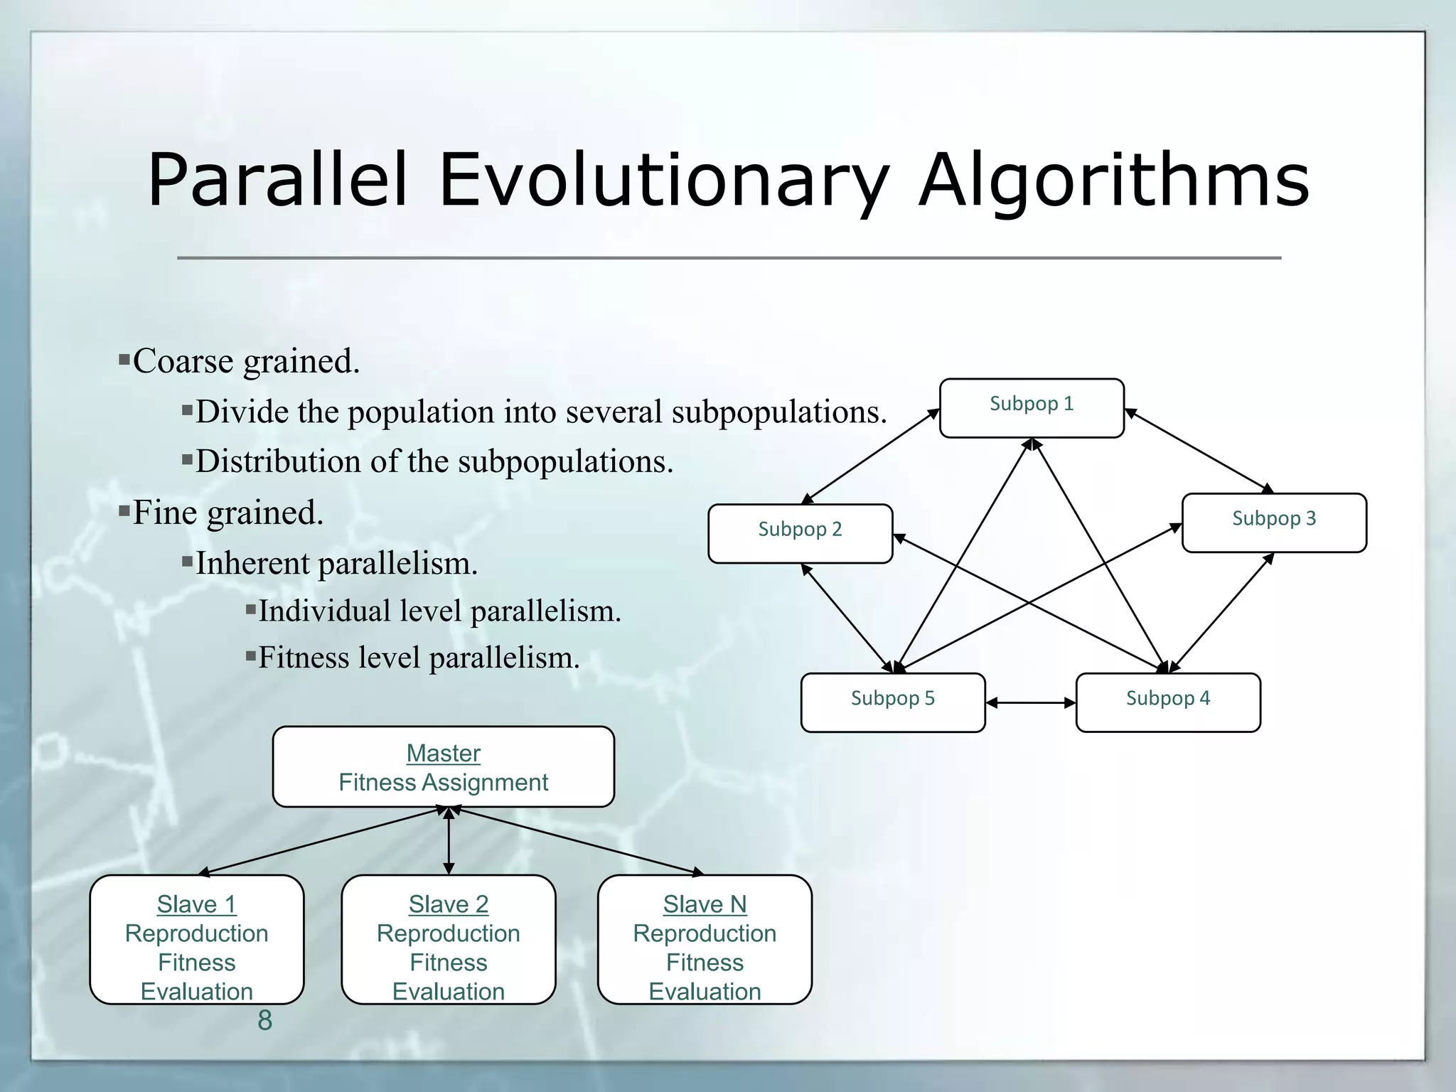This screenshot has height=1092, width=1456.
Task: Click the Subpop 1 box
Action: pos(1031,408)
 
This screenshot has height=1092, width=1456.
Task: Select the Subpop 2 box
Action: pos(800,533)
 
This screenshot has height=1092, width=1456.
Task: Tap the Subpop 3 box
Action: pos(1273,523)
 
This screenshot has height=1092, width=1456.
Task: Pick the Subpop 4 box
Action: pos(1167,702)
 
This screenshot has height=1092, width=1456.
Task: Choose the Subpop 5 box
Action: pos(892,702)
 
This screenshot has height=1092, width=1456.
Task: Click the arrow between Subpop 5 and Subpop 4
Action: pos(1030,703)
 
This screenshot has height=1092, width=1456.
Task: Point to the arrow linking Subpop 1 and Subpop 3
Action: pos(1199,451)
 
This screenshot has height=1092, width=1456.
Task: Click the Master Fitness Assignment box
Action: pos(443,767)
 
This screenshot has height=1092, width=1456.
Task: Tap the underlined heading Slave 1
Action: pos(196,904)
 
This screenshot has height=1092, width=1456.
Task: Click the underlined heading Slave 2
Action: pos(448,904)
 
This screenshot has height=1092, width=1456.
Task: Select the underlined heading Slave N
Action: pos(705,904)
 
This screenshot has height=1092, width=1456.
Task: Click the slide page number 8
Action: pos(264,1020)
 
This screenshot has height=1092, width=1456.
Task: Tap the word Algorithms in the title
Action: pos(1113,181)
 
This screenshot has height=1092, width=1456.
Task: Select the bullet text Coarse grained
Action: pos(246,361)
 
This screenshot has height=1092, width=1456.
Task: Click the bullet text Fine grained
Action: pos(227,513)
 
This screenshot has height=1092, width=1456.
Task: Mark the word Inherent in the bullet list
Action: pos(252,563)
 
